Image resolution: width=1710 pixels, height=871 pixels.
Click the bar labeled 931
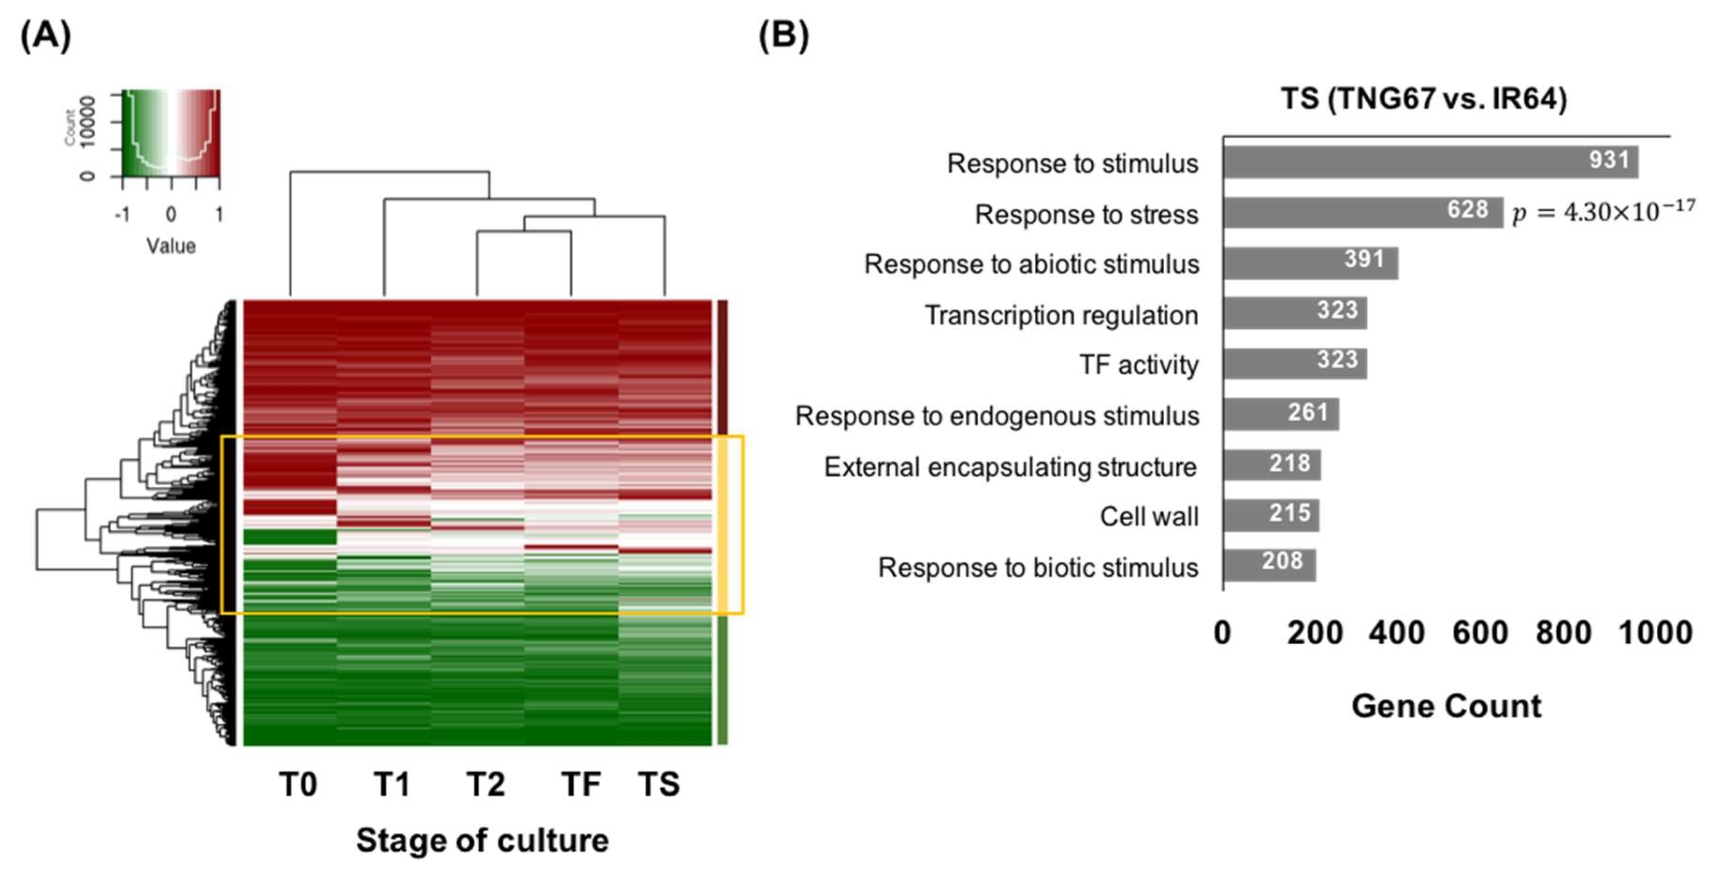[1430, 162]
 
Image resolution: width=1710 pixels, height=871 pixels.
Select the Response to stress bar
[1363, 212]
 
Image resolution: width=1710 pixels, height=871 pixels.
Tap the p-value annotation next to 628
[1602, 212]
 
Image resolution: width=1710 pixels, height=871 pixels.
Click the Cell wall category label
[1148, 517]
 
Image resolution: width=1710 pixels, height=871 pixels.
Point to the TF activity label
[1139, 365]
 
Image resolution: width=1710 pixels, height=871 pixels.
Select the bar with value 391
[1310, 263]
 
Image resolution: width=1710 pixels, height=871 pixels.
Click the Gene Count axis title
[1446, 705]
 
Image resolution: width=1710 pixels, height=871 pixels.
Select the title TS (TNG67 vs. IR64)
[1423, 100]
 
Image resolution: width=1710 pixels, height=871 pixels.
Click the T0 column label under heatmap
[298, 784]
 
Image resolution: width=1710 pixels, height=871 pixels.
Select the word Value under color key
[171, 246]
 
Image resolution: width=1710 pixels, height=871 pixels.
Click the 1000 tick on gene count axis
[1654, 633]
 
